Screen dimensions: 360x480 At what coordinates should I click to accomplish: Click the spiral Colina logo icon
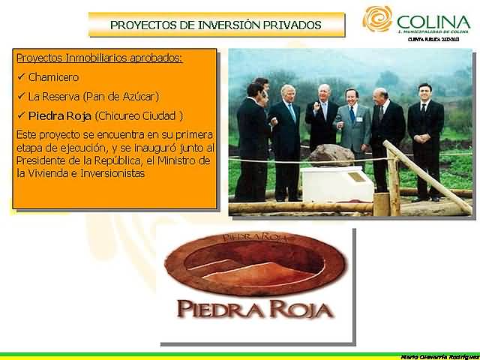pyautogui.click(x=377, y=19)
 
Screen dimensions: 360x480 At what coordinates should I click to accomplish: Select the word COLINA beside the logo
pyautogui.click(x=433, y=21)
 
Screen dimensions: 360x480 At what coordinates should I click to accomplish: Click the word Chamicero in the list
pyautogui.click(x=53, y=76)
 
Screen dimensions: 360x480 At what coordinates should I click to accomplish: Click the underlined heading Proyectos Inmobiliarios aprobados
pyautogui.click(x=99, y=58)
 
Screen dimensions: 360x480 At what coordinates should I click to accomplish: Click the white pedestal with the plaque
pyautogui.click(x=337, y=184)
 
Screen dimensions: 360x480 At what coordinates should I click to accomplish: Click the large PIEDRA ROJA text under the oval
pyautogui.click(x=256, y=307)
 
